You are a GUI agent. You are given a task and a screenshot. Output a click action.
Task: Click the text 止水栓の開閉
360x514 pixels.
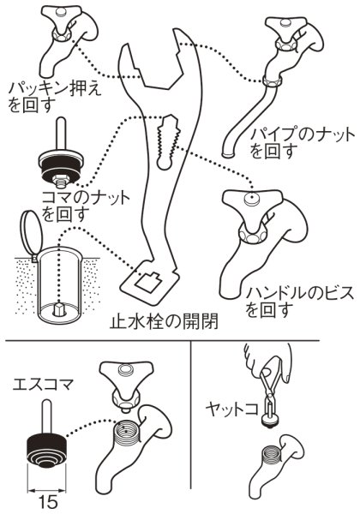[163, 323]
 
